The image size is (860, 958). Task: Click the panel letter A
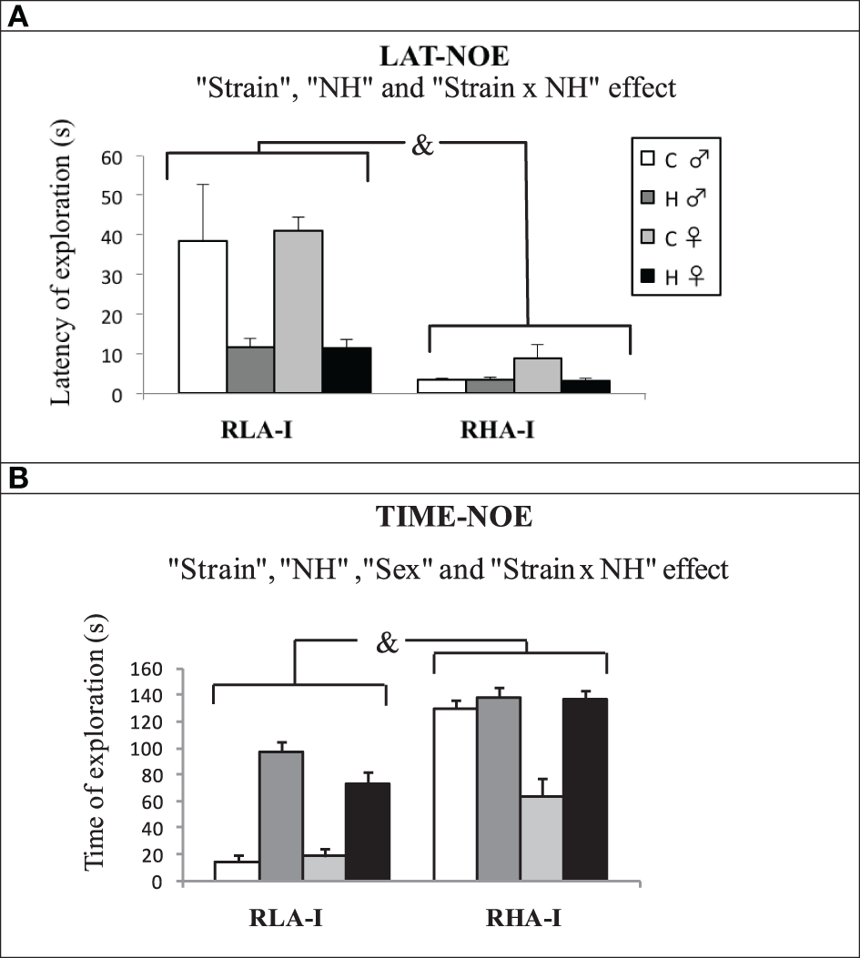point(18,16)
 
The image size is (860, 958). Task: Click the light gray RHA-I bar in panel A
point(537,376)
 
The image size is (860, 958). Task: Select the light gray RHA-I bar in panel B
point(541,838)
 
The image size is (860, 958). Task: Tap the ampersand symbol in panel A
point(422,146)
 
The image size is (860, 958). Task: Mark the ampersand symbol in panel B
point(388,644)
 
